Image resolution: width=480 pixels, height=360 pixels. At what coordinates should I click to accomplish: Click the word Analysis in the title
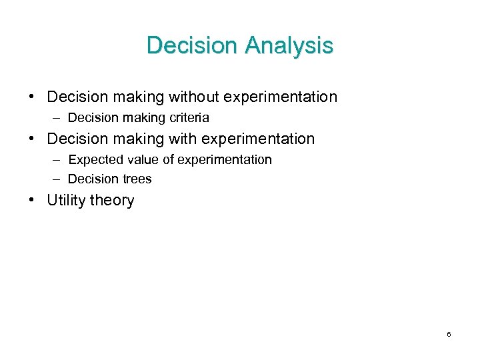coord(289,46)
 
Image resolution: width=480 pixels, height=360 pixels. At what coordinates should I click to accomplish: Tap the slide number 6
coord(449,334)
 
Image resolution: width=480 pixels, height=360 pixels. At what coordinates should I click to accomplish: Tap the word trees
coord(136,179)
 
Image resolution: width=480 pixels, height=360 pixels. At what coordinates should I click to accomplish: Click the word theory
coord(113,201)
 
